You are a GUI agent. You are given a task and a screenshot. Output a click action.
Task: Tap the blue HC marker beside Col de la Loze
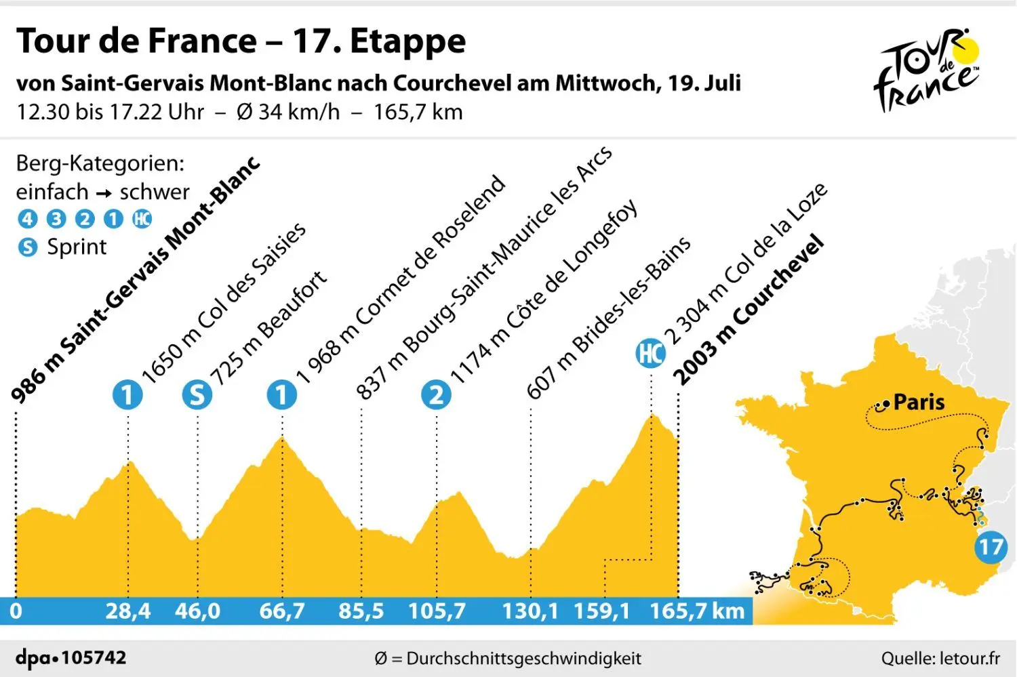tap(650, 354)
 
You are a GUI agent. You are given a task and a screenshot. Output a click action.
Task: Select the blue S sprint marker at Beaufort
tap(197, 394)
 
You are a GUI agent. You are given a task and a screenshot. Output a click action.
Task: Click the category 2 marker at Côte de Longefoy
tap(436, 394)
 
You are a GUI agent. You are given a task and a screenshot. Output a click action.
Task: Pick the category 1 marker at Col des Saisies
tap(127, 394)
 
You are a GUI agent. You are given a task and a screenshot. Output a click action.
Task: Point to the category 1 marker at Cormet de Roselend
tap(282, 394)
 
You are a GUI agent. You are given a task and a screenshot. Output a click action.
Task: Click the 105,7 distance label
tap(437, 611)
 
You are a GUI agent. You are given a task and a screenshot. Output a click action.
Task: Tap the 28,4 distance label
tap(127, 611)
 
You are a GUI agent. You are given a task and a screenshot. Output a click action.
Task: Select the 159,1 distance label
tap(601, 611)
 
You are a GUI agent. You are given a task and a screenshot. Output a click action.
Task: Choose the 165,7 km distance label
tap(697, 611)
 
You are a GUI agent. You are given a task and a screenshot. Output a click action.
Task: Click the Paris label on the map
tap(919, 402)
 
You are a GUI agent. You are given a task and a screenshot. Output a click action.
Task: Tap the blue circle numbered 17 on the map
tap(991, 546)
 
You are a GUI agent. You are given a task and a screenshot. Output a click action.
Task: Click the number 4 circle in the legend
tap(27, 219)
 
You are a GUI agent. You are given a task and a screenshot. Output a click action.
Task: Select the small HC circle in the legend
tap(142, 219)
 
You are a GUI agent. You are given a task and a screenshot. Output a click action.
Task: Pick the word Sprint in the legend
tap(77, 247)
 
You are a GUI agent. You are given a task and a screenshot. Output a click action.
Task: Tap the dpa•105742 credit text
tap(71, 657)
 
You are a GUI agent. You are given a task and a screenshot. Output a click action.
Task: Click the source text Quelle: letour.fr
tap(940, 658)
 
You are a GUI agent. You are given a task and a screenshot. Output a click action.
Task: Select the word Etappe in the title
tap(407, 42)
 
